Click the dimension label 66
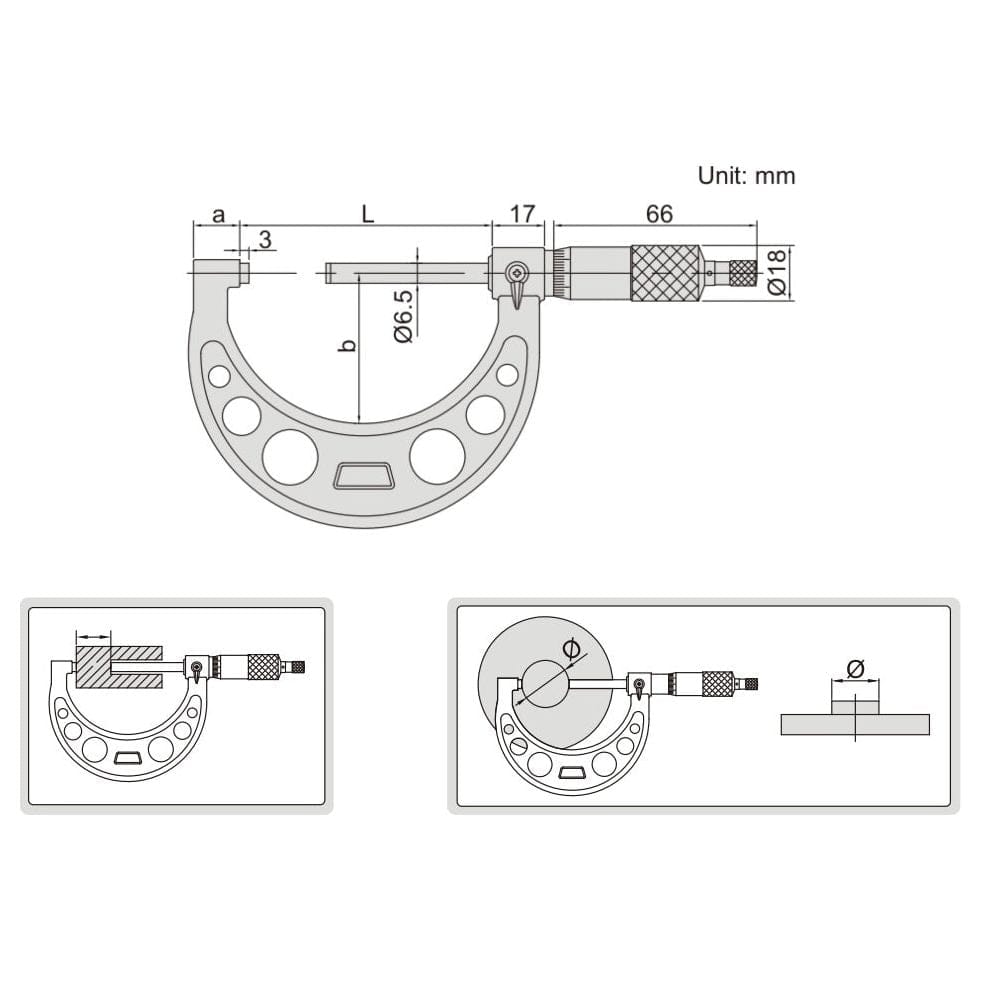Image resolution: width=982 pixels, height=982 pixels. click(x=658, y=214)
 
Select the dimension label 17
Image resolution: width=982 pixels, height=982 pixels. click(x=522, y=214)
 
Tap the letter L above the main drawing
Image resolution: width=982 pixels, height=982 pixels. click(x=367, y=214)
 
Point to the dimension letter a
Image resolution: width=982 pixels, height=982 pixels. click(x=219, y=214)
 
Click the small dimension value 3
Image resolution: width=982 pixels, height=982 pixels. click(x=265, y=239)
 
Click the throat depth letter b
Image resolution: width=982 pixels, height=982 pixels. click(x=347, y=345)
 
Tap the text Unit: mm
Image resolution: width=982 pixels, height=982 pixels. click(x=746, y=176)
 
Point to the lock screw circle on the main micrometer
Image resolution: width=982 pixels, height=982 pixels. click(x=516, y=272)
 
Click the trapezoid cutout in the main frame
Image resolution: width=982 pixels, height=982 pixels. click(x=363, y=476)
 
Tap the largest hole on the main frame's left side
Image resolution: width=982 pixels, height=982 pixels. click(x=290, y=457)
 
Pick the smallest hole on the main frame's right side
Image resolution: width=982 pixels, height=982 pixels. click(x=508, y=375)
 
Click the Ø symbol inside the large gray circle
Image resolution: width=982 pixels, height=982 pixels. click(x=571, y=649)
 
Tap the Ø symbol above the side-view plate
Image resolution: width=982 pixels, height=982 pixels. click(x=854, y=668)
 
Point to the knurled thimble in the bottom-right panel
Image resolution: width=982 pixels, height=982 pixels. click(x=717, y=684)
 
